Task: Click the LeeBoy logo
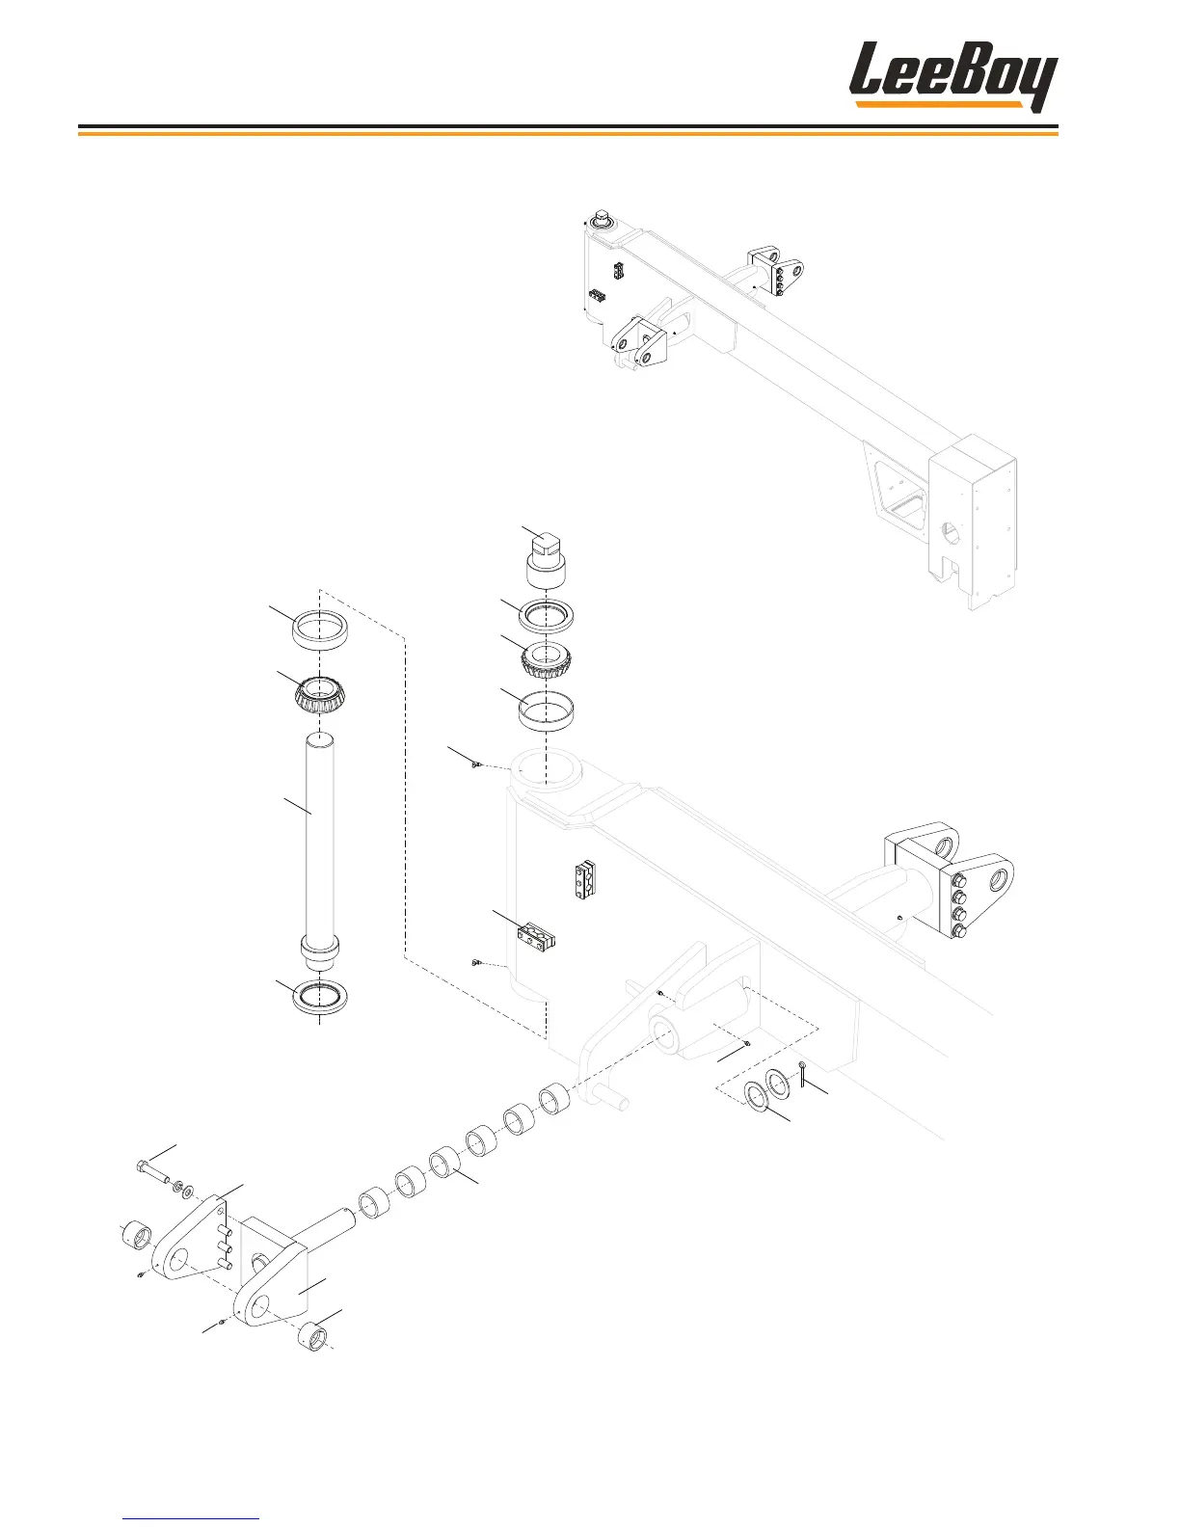952,76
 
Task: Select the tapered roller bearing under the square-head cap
546,660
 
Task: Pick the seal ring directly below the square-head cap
547,614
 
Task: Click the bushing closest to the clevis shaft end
373,1204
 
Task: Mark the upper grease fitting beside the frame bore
476,765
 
